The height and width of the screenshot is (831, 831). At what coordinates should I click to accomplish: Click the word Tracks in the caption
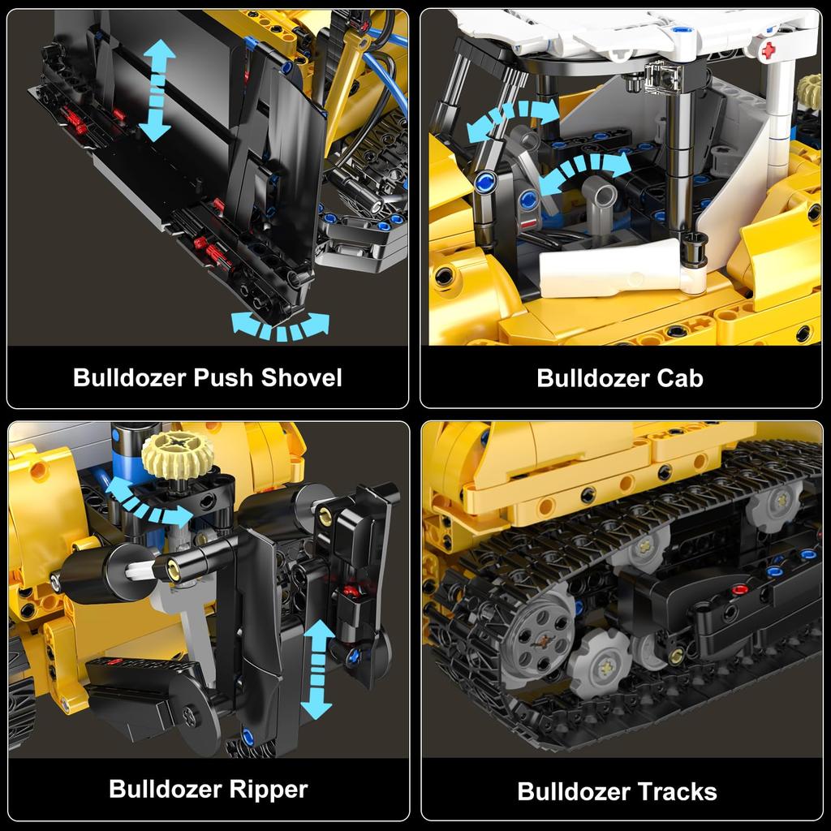[675, 791]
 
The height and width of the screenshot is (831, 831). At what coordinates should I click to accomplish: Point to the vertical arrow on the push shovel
[155, 90]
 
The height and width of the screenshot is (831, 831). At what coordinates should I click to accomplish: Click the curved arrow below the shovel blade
[281, 326]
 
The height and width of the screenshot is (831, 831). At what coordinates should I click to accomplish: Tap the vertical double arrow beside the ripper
[318, 670]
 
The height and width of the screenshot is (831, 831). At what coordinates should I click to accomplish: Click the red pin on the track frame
[740, 590]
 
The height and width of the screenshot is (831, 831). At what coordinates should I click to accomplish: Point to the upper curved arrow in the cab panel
[513, 119]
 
